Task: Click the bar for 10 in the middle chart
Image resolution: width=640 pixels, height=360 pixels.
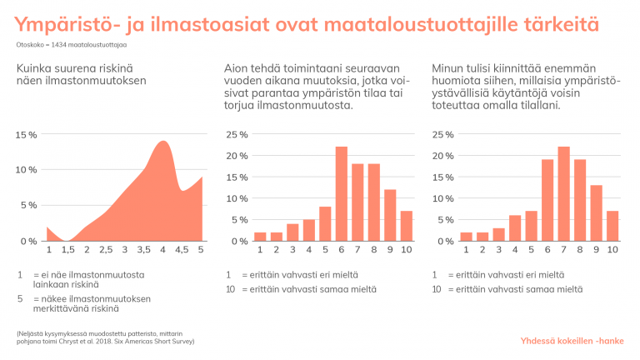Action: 406,226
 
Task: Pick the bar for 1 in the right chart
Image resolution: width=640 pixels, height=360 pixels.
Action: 467,237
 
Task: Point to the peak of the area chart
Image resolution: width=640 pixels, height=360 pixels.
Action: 163,143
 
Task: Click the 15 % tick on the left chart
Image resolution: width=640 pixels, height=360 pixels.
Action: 27,134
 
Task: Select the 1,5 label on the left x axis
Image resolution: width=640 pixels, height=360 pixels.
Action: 67,250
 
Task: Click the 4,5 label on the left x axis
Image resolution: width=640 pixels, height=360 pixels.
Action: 182,250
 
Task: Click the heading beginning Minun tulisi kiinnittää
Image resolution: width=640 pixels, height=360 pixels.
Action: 527,87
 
